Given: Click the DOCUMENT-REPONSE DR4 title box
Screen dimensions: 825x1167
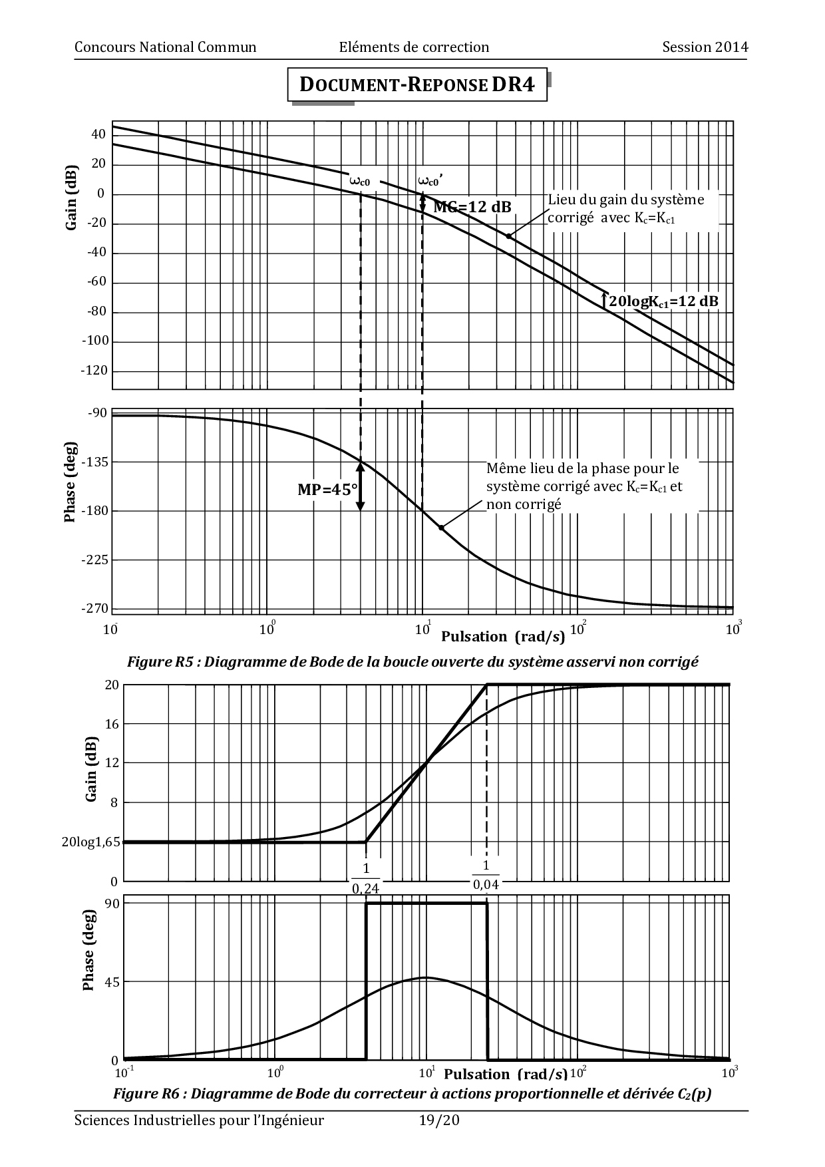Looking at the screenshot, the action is pyautogui.click(x=417, y=84).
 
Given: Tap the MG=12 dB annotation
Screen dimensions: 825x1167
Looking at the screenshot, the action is pyautogui.click(x=472, y=207).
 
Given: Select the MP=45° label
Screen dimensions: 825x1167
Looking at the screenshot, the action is pyautogui.click(x=327, y=490).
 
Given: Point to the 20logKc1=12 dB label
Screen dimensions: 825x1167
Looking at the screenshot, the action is pyautogui.click(x=663, y=301).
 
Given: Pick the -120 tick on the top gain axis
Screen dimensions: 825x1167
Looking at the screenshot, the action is pyautogui.click(x=94, y=371).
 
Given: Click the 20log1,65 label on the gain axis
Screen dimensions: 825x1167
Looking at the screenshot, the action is pyautogui.click(x=91, y=842).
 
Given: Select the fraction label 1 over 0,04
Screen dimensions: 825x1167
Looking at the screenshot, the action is pyautogui.click(x=486, y=875).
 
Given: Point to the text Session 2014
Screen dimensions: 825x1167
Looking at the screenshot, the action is pyautogui.click(x=705, y=47).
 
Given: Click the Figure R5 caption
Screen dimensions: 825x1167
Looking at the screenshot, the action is pyautogui.click(x=412, y=662).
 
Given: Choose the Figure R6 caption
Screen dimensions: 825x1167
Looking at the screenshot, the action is pyautogui.click(x=412, y=1094).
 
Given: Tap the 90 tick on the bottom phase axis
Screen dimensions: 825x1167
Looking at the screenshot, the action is pyautogui.click(x=111, y=904).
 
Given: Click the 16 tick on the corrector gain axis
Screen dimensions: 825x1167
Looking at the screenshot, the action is pyautogui.click(x=111, y=724).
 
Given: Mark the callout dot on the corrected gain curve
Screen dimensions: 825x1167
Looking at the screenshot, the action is pyautogui.click(x=508, y=236).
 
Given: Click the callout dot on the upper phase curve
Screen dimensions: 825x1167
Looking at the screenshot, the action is pyautogui.click(x=441, y=528).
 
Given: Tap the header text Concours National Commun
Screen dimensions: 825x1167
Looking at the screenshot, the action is pyautogui.click(x=166, y=47).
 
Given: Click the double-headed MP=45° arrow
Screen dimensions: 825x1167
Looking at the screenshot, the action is pyautogui.click(x=361, y=487).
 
